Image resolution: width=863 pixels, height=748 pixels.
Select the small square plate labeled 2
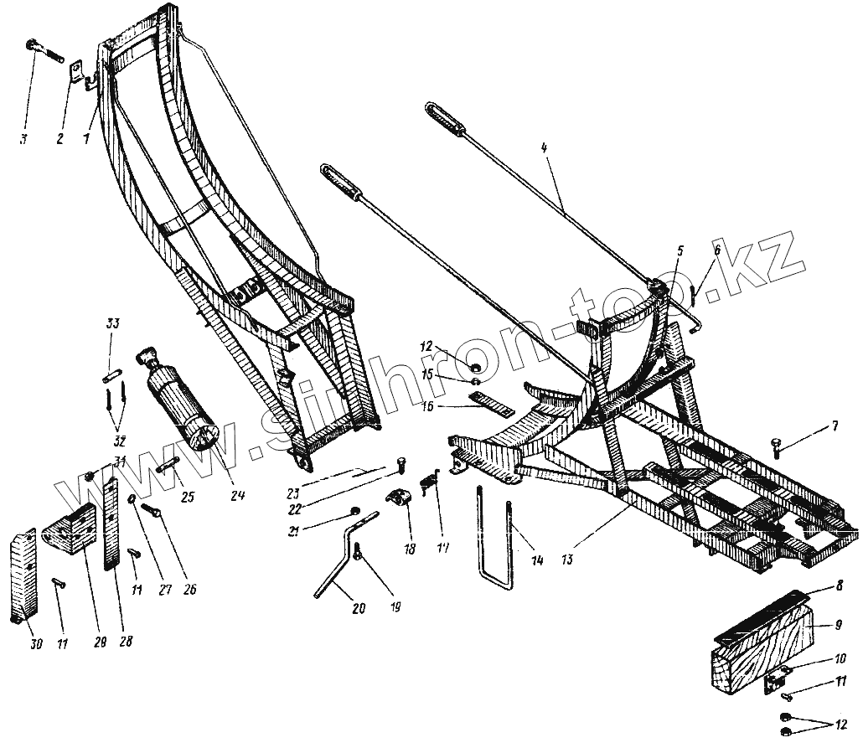tap(75, 70)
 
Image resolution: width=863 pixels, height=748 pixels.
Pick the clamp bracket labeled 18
tap(400, 501)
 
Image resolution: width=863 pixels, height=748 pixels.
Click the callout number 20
tap(358, 609)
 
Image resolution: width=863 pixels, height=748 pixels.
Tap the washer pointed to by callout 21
tap(354, 510)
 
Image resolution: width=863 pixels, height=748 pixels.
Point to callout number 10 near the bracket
tap(839, 658)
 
